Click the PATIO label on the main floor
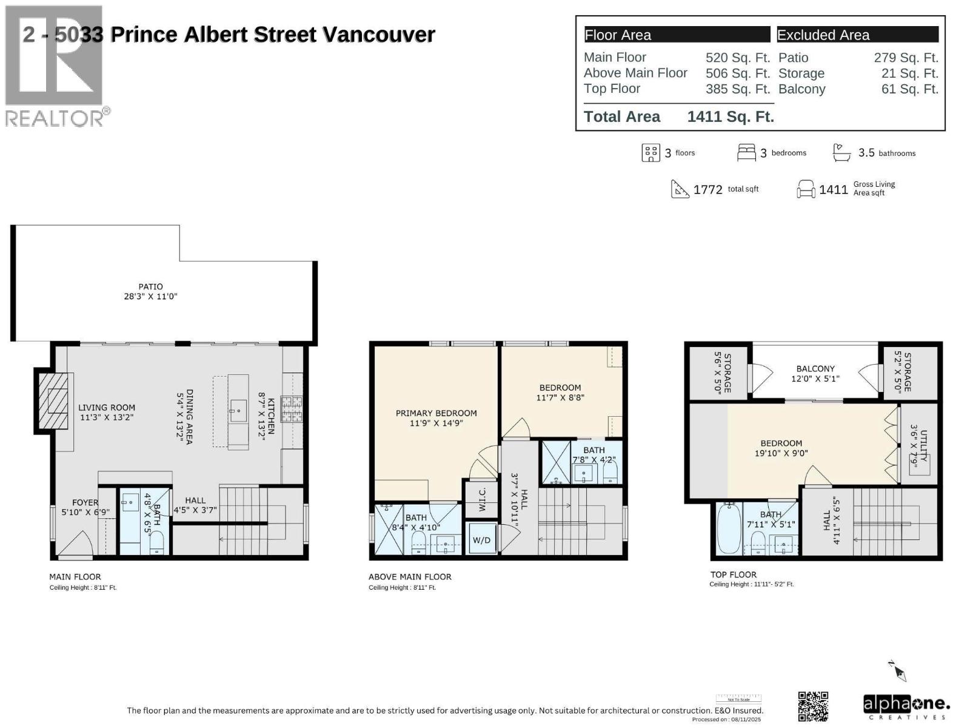tap(150, 287)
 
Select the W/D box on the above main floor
tap(481, 540)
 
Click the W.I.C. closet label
tap(483, 499)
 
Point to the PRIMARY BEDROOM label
tap(436, 413)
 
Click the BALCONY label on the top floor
tap(815, 369)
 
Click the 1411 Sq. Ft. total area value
tap(731, 116)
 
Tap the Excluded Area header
tap(823, 35)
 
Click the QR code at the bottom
tap(813, 706)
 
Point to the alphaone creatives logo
tap(906, 706)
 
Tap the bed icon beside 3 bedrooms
tap(746, 153)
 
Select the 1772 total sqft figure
tap(707, 190)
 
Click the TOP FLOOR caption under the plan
tap(734, 575)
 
